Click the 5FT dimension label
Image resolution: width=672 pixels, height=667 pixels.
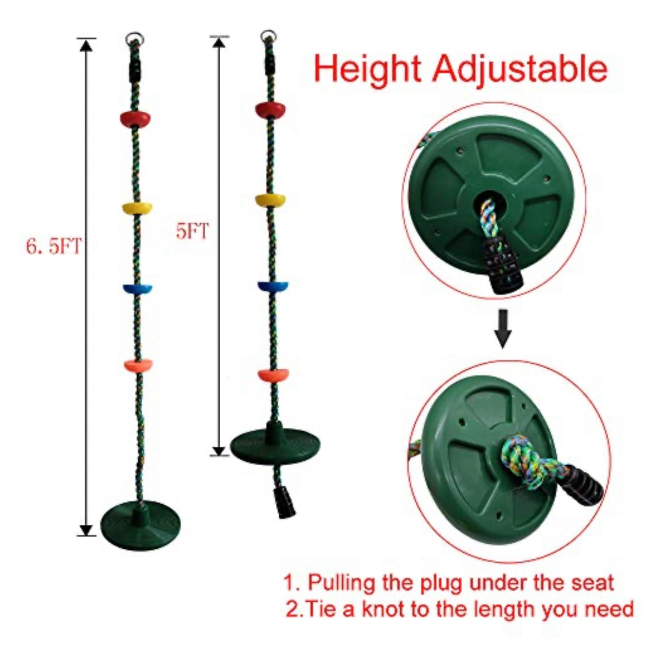[192, 232]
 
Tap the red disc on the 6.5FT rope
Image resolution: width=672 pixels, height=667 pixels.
[135, 118]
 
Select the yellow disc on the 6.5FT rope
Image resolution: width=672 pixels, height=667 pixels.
[137, 208]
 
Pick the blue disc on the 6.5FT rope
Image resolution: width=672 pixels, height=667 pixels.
[138, 289]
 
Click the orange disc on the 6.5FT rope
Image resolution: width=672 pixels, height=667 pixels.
[138, 366]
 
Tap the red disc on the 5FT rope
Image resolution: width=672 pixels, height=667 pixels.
[270, 110]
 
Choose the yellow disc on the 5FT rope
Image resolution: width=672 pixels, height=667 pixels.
[271, 200]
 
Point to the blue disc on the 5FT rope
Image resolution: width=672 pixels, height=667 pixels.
[272, 286]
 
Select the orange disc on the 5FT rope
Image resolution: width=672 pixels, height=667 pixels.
[274, 375]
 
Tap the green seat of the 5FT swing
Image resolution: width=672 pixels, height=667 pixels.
[275, 444]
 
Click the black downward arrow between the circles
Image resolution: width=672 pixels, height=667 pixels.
[503, 329]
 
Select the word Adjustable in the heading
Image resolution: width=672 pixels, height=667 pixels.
[520, 69]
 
